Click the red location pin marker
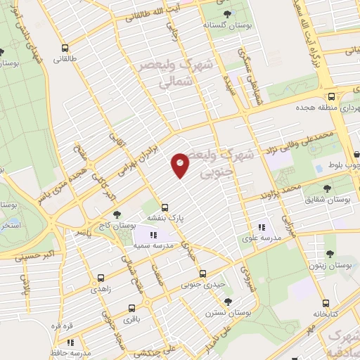180,165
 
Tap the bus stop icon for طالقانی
65,49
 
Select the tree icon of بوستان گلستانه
226,13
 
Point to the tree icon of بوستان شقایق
327,188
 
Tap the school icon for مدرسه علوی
262,226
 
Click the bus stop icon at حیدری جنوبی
202,274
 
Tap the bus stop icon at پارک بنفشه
165,207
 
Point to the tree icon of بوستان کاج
116,214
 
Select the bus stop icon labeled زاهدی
101,278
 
